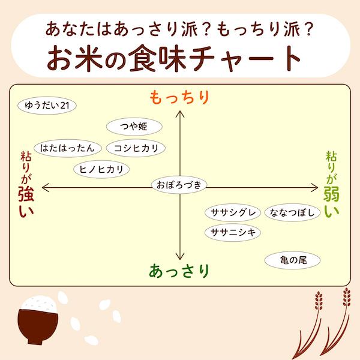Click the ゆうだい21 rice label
(47, 106)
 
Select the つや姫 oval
(134, 127)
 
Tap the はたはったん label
(68, 148)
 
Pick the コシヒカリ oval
(136, 148)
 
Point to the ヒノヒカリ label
(101, 169)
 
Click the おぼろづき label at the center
(179, 185)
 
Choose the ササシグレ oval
(233, 212)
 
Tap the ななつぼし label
(293, 212)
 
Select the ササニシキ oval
(233, 233)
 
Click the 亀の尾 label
(293, 260)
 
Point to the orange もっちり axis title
(179, 97)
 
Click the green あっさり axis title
(179, 271)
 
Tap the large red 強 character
(26, 194)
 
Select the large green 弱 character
(332, 194)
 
